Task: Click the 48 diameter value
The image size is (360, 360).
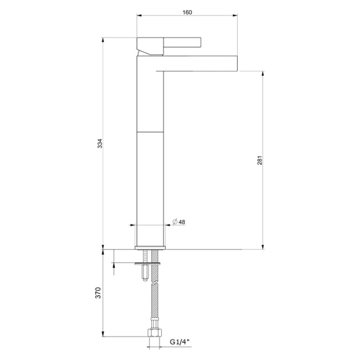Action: (182, 222)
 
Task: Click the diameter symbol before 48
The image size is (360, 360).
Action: (174, 222)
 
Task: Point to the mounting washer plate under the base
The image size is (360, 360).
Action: (148, 263)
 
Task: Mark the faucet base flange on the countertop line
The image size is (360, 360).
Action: (150, 246)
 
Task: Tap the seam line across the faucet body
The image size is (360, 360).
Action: (150, 132)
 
